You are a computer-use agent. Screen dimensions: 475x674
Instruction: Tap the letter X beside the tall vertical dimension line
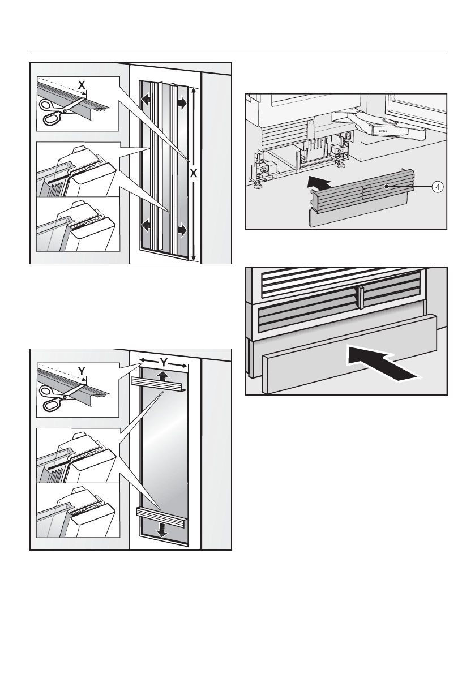point(193,174)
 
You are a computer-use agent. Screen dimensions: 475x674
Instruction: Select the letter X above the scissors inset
point(82,84)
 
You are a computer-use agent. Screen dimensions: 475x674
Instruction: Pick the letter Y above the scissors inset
point(82,371)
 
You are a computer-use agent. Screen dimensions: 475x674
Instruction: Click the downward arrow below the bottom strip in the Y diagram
point(163,530)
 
